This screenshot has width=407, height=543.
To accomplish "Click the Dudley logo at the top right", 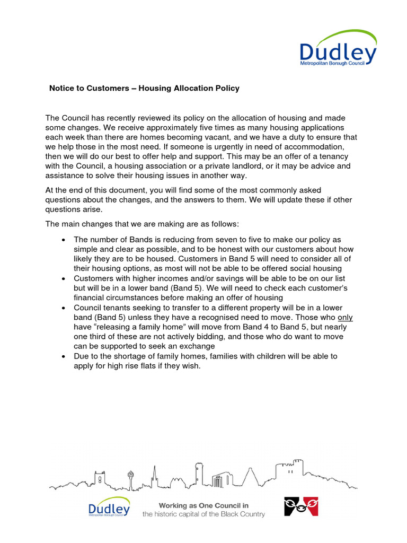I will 338,49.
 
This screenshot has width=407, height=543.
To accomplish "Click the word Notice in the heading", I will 61,88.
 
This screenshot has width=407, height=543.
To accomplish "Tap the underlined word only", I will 345,317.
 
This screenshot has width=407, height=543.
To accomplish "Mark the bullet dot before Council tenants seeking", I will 64,308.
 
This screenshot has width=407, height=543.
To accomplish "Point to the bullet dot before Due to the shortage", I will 64,356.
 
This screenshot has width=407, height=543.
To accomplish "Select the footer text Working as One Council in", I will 203,505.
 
